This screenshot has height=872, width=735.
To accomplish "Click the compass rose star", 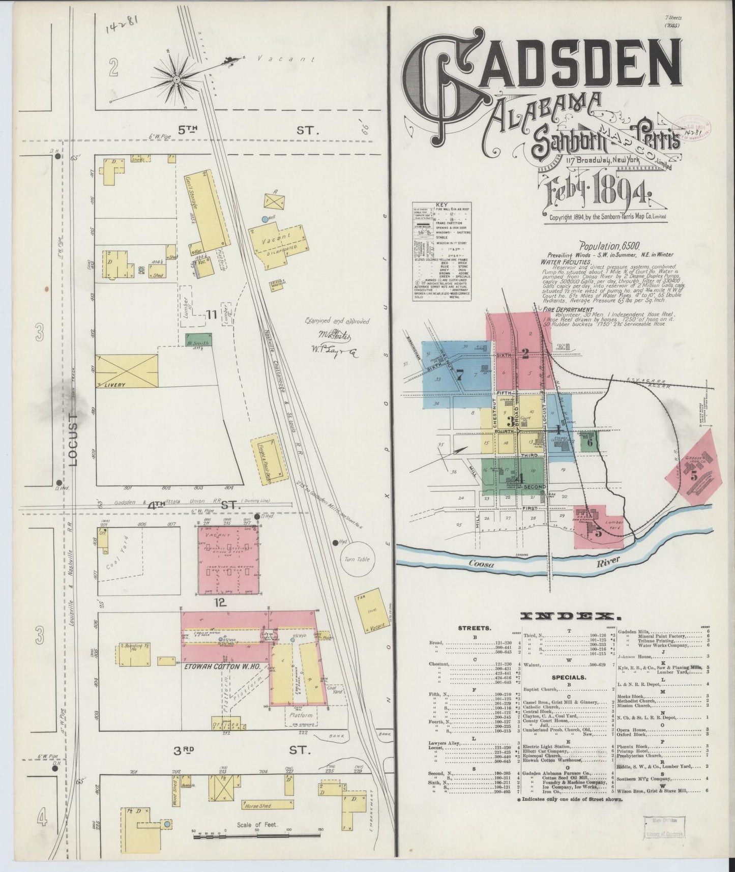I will pos(177,79).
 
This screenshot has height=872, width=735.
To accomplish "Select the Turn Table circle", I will pos(357,559).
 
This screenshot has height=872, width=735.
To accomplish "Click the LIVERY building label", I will pos(115,385).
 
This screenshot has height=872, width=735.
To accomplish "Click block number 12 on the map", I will pos(219,603).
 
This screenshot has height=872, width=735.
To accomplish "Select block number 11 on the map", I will pos(212,315).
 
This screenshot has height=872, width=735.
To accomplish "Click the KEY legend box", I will pos(441,251).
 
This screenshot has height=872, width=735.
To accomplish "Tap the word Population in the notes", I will pos(597,245).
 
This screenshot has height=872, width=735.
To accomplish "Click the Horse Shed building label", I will pos(258,806).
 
